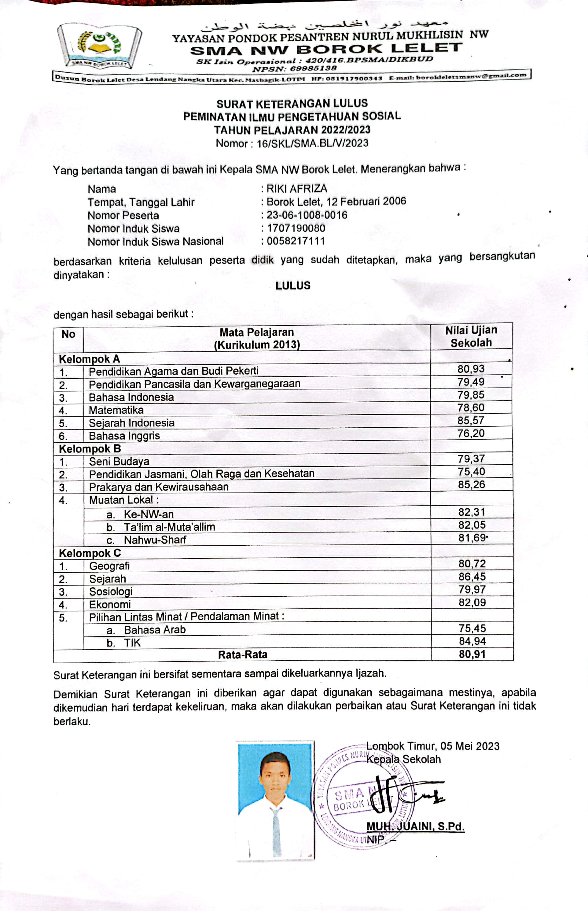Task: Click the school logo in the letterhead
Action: tap(99, 46)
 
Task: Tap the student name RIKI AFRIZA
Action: tap(297, 189)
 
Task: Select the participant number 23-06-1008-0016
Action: tap(307, 215)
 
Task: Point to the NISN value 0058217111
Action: tap(296, 241)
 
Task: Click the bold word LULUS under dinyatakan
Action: tap(293, 286)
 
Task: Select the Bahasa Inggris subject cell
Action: tap(124, 436)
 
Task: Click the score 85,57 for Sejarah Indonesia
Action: tap(471, 420)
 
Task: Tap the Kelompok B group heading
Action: tap(90, 449)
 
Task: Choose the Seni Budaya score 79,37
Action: tap(472, 459)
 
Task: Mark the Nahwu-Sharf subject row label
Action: tap(155, 540)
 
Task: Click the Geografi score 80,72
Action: tap(472, 563)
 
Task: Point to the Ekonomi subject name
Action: tap(110, 604)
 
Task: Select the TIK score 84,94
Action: tap(472, 641)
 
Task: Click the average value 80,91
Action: tap(472, 654)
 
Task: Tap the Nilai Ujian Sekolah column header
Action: tap(471, 336)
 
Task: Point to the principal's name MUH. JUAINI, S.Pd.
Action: tap(415, 827)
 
